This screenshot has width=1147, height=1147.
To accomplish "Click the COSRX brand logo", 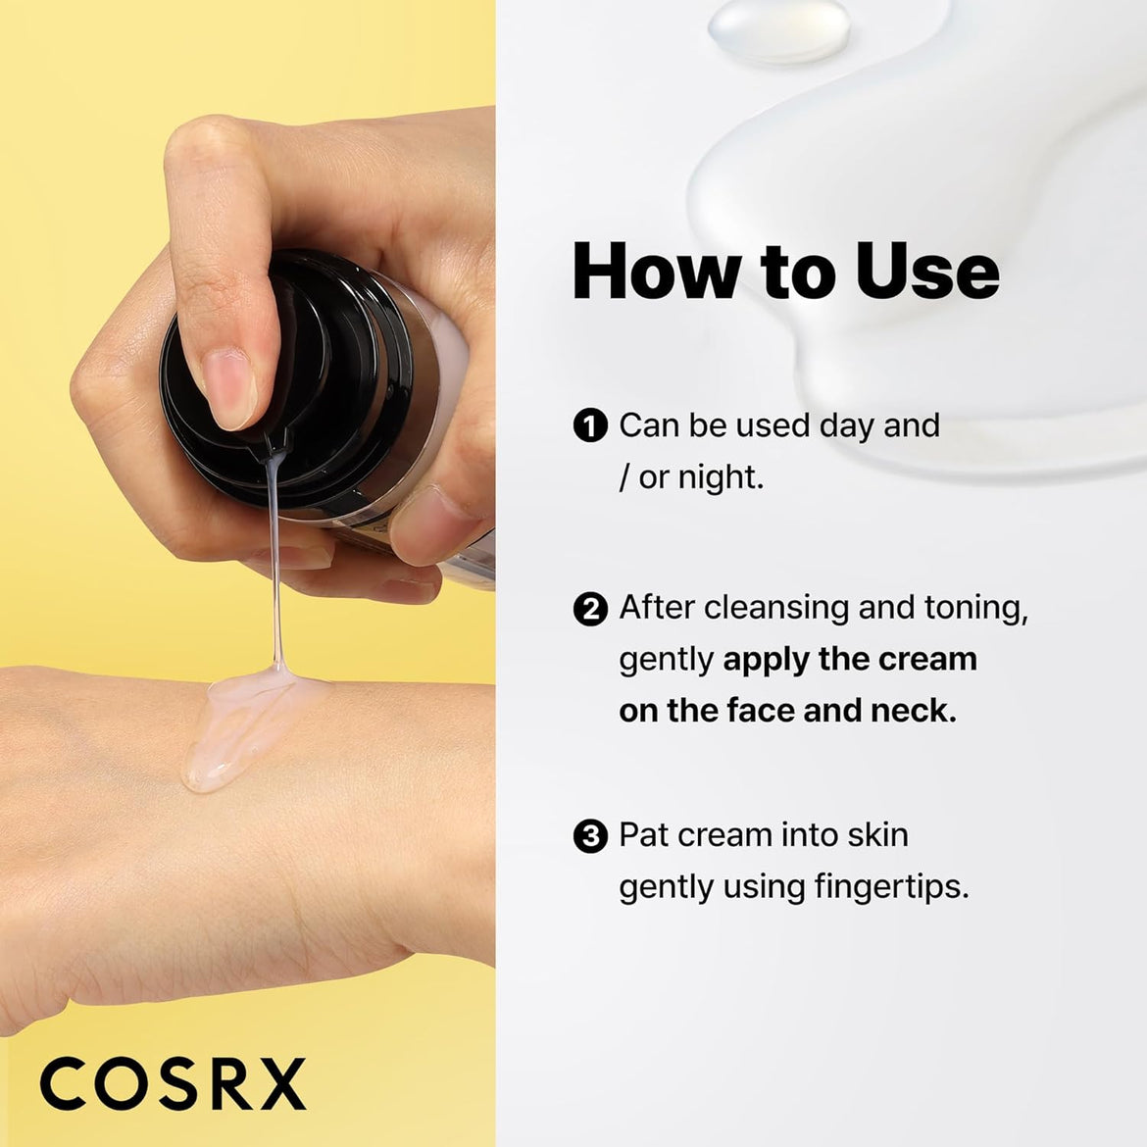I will (x=173, y=1084).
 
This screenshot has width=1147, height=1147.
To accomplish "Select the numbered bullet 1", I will (x=590, y=426).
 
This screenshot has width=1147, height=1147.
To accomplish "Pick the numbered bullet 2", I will (x=590, y=609).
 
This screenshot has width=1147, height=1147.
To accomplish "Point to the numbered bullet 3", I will (x=590, y=836).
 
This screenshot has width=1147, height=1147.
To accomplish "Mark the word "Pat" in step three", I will (x=643, y=835).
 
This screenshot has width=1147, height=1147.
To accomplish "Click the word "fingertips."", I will (x=891, y=887).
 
